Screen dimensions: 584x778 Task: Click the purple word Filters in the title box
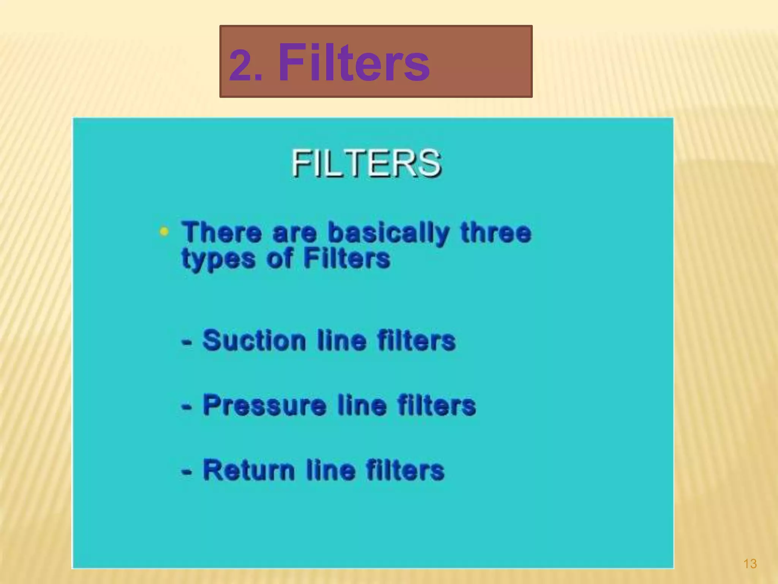(354, 62)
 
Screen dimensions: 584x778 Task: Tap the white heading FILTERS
(366, 163)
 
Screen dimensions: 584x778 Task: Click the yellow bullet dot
(164, 231)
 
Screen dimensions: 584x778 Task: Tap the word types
(218, 259)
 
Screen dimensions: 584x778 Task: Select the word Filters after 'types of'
(346, 259)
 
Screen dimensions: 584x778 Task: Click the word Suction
(254, 340)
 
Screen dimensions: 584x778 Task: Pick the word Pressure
(264, 405)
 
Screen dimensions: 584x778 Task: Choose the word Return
(249, 470)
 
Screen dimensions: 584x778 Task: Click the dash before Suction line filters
(187, 342)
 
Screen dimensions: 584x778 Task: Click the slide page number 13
(750, 563)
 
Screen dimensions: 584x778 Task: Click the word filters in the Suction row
(416, 340)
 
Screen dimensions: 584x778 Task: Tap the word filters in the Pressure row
(436, 405)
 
